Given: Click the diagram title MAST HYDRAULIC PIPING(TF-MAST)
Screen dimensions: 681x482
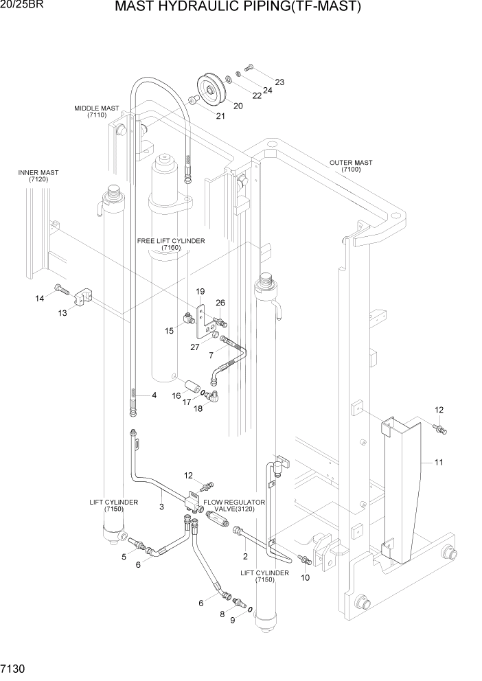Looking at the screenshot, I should (x=238, y=8).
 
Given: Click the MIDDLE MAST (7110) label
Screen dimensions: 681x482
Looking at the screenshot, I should (x=97, y=112).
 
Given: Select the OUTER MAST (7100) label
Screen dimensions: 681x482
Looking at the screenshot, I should (x=350, y=167).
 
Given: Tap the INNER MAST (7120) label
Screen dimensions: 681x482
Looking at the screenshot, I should (x=38, y=176).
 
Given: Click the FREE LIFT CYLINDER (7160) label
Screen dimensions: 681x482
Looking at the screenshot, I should (x=171, y=244).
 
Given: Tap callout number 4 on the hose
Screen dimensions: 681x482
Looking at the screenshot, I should (x=154, y=395).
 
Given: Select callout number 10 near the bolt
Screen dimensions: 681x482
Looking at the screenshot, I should (x=306, y=577).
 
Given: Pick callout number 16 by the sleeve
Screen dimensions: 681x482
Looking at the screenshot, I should (x=176, y=396).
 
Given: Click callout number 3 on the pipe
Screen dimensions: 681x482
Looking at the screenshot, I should (x=161, y=507).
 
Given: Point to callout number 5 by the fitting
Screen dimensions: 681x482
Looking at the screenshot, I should (x=124, y=557).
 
